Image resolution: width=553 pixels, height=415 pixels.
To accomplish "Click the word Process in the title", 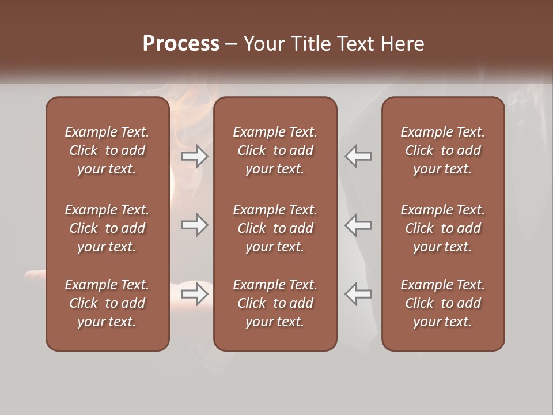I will tap(181, 44).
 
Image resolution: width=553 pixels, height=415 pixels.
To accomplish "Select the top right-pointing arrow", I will tap(195, 156).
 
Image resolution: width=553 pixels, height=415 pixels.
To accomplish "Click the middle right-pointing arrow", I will tap(195, 225).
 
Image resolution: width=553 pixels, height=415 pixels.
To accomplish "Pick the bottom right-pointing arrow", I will tap(195, 294).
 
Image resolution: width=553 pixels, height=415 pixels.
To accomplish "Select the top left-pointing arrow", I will tap(358, 156).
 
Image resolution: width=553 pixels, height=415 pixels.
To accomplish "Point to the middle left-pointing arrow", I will tap(358, 225).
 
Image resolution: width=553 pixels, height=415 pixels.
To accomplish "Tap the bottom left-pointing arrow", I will tap(358, 294).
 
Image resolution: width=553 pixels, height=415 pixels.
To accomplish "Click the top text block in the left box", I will tap(107, 150).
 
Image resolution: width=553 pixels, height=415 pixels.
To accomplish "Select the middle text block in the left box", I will tap(107, 228).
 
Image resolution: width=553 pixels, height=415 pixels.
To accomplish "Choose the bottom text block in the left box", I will tap(107, 303).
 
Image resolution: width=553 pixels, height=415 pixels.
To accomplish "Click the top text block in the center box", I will tap(275, 150).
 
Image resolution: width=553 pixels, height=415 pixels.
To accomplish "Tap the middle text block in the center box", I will tap(275, 228).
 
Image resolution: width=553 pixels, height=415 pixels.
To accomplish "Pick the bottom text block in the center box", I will tap(275, 303).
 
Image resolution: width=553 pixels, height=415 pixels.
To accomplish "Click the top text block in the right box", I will tap(443, 150).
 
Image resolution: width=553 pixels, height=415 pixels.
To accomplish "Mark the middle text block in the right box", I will tap(443, 228).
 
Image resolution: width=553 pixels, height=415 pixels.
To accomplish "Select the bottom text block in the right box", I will tap(443, 303).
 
